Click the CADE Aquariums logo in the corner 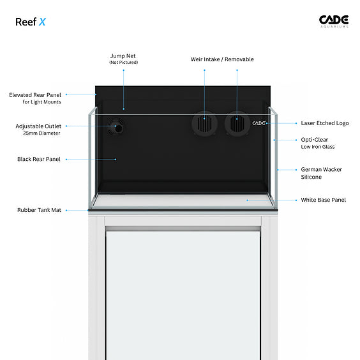click(334, 22)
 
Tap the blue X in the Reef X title click(42, 22)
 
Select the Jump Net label click(123, 56)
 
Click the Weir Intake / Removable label click(222, 59)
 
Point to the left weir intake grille click(204, 124)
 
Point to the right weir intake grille click(237, 124)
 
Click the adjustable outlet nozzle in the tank click(116, 127)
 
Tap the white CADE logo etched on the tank click(259, 123)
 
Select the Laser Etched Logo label click(325, 123)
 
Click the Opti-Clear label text click(314, 140)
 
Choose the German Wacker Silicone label click(322, 173)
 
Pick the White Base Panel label click(323, 200)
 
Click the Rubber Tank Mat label click(40, 210)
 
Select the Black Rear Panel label click(39, 159)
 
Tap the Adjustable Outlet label click(38, 126)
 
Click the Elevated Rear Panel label click(35, 95)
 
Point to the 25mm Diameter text click(41, 133)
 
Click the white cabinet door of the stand click(183, 295)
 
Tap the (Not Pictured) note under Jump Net click(124, 63)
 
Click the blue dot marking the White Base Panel click(247, 200)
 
